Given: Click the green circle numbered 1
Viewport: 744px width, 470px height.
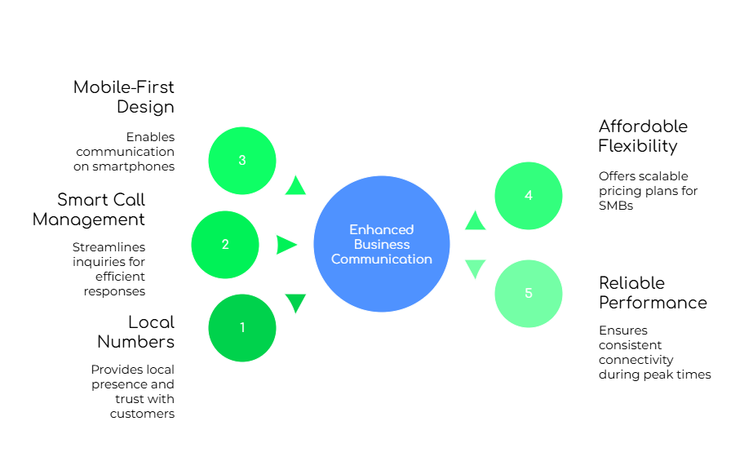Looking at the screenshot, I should click(242, 328).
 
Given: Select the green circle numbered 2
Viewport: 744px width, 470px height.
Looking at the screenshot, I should click(225, 245).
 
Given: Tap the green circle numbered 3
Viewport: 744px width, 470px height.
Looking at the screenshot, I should click(242, 161).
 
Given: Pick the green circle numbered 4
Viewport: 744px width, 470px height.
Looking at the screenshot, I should click(529, 196).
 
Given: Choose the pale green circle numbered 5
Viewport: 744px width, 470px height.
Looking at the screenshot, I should click(529, 294).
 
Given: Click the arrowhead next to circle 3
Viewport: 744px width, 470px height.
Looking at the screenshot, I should click(295, 186).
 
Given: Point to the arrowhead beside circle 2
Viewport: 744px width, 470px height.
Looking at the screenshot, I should click(286, 245).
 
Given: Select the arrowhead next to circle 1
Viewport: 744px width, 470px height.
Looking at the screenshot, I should click(295, 303).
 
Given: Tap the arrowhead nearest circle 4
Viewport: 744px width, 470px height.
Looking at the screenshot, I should click(475, 220).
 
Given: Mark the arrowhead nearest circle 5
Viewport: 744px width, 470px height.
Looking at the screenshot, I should click(475, 268).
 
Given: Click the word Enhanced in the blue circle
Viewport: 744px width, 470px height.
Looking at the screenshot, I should click(382, 230).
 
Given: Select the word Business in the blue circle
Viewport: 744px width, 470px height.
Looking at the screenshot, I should click(382, 245).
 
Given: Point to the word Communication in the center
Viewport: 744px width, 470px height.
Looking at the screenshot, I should click(382, 259).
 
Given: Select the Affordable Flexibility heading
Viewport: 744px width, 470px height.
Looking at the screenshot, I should click(640, 135).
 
